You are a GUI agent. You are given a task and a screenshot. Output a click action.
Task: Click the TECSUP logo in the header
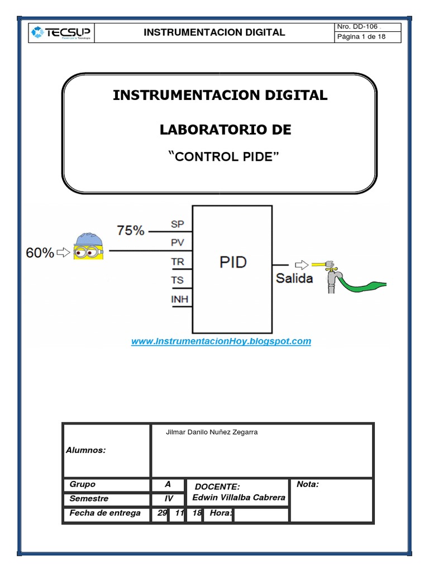(60, 32)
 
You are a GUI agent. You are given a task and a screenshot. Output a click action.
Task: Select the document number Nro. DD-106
(357, 27)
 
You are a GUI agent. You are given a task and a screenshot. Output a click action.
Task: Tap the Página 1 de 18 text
(361, 36)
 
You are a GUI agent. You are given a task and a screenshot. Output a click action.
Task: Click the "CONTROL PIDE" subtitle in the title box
(223, 156)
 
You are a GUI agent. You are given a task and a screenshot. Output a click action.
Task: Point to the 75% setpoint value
(131, 231)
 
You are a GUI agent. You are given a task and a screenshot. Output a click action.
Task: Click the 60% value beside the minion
(40, 252)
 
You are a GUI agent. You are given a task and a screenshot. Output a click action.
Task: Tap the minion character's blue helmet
(89, 239)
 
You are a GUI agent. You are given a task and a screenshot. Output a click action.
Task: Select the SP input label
(177, 224)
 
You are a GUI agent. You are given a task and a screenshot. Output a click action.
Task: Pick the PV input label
(177, 242)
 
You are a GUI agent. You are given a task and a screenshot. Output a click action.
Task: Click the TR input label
(177, 262)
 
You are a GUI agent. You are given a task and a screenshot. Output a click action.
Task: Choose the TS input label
(177, 280)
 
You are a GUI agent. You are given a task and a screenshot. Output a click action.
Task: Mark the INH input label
(179, 299)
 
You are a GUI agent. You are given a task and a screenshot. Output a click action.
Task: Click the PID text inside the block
(233, 263)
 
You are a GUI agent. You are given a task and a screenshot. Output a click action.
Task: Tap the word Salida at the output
(294, 278)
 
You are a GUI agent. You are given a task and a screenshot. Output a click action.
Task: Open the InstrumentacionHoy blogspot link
(221, 341)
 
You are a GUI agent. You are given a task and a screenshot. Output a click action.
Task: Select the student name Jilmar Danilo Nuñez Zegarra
(212, 432)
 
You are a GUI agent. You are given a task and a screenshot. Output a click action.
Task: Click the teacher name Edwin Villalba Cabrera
(239, 498)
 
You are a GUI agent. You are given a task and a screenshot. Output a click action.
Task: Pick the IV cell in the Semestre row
(169, 499)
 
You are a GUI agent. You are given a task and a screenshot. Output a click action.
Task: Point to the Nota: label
(308, 484)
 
